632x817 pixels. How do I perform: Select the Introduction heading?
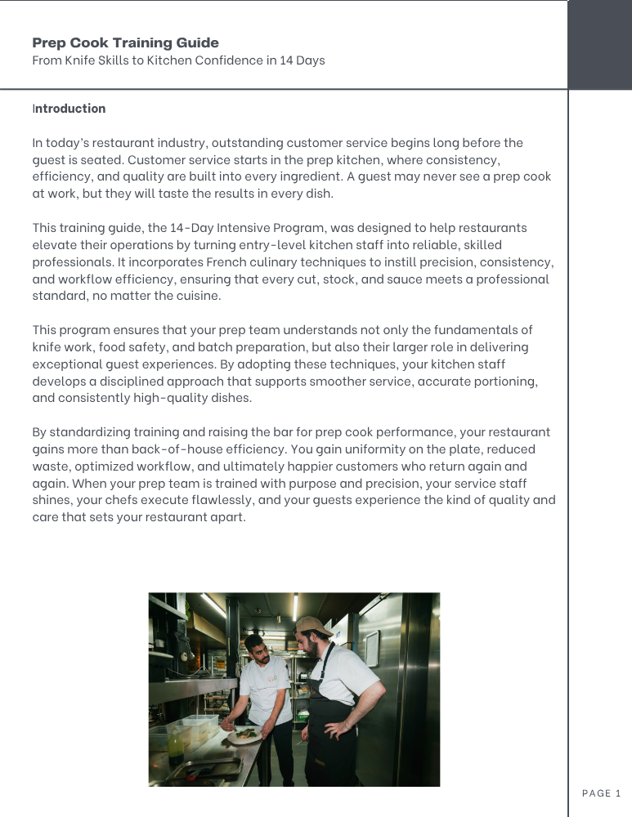(69, 109)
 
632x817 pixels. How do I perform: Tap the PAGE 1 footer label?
(602, 793)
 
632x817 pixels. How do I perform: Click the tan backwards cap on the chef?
(312, 625)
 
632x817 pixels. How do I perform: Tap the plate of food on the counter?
(244, 734)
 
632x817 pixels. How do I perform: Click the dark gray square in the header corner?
(599, 44)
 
